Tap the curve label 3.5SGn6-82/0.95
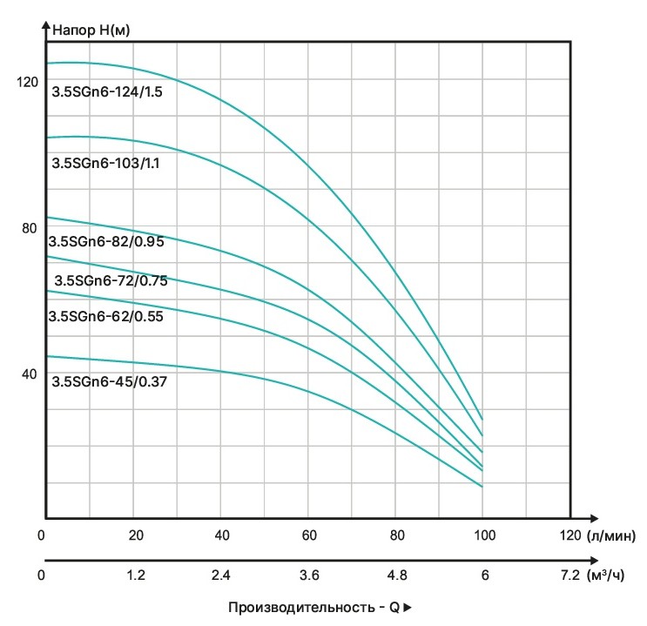coord(106,242)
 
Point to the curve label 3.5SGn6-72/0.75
coord(111,280)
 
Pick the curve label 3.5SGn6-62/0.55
coord(106,317)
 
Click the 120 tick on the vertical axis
coord(28,82)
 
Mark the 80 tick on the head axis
coord(29,228)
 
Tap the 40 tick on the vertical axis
coord(29,374)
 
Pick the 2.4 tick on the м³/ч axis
coord(222,576)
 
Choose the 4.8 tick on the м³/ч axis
coord(397,576)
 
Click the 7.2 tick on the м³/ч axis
coord(569,576)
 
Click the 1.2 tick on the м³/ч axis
coord(135,576)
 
